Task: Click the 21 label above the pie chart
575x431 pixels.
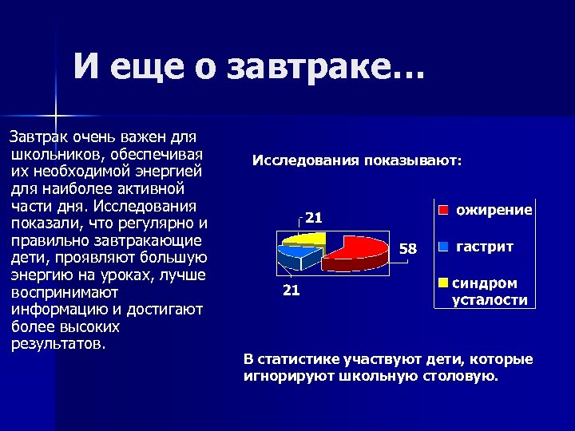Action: tap(314, 217)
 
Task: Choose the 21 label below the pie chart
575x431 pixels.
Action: tap(291, 291)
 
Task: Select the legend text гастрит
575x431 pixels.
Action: tap(484, 247)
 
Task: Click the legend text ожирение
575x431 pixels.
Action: tap(494, 211)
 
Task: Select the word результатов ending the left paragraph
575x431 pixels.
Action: tap(57, 344)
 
